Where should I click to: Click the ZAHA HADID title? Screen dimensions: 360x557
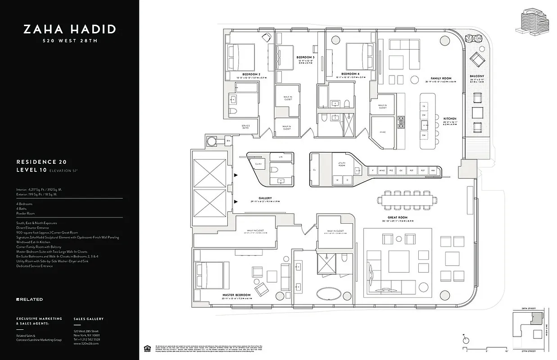click(70, 30)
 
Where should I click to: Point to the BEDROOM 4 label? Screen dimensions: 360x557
click(350, 74)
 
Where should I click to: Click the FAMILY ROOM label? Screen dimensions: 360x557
click(440, 78)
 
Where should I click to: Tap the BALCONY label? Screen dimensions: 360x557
click(477, 76)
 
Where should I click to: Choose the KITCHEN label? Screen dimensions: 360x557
click(449, 118)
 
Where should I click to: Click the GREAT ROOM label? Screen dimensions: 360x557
click(396, 217)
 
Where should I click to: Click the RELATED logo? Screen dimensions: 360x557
click(30, 299)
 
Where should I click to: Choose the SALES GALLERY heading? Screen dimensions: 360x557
click(88, 319)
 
